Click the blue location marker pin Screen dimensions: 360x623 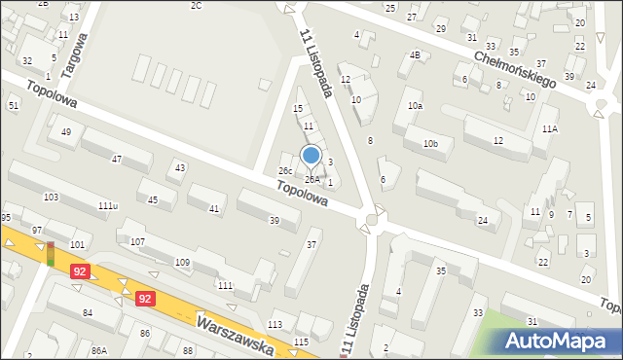tap(311, 156)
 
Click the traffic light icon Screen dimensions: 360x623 tap(51, 254)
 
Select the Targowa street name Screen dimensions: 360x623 tap(74, 54)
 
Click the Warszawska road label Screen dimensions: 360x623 tap(234, 334)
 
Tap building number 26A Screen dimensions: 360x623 tap(311, 179)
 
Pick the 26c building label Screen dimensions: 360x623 tap(285, 171)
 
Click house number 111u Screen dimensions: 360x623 tap(108, 206)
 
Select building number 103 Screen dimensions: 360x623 tap(51, 198)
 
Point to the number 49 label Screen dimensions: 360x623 tap(66, 132)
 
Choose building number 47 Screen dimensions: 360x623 tap(117, 159)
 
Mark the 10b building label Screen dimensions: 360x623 tap(430, 144)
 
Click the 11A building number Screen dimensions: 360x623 tap(550, 128)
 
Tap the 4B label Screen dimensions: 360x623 tap(415, 55)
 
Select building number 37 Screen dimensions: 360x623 tap(311, 244)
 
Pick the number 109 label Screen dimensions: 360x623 tap(182, 263)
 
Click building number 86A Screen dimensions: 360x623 tap(98, 350)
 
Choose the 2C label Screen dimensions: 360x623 tap(196, 6)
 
